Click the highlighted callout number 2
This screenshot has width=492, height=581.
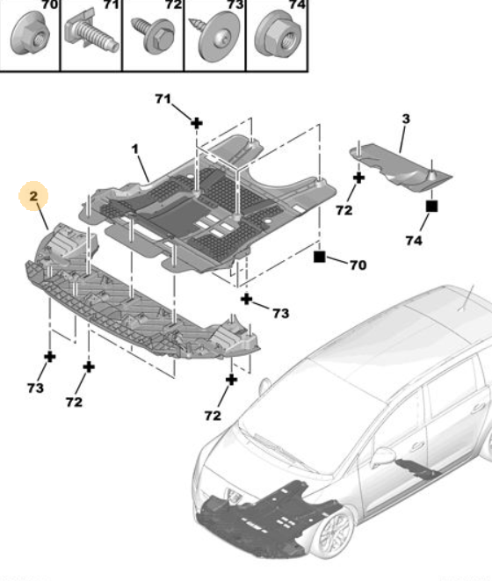[33, 196]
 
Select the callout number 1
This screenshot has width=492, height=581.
[134, 149]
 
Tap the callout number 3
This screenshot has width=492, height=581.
[406, 119]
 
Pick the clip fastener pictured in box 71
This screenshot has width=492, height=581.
[91, 33]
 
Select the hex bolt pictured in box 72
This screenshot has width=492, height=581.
[153, 34]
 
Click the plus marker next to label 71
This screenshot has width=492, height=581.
[197, 123]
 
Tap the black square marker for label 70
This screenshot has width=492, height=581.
[319, 257]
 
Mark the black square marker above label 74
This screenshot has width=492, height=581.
[432, 206]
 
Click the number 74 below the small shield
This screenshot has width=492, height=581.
[414, 241]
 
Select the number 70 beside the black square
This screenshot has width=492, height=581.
[358, 265]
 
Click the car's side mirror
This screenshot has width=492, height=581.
[383, 456]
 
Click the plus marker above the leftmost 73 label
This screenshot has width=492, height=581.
[50, 357]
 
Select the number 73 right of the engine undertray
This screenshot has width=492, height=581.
[281, 314]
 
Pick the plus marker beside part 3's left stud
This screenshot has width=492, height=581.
[358, 178]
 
